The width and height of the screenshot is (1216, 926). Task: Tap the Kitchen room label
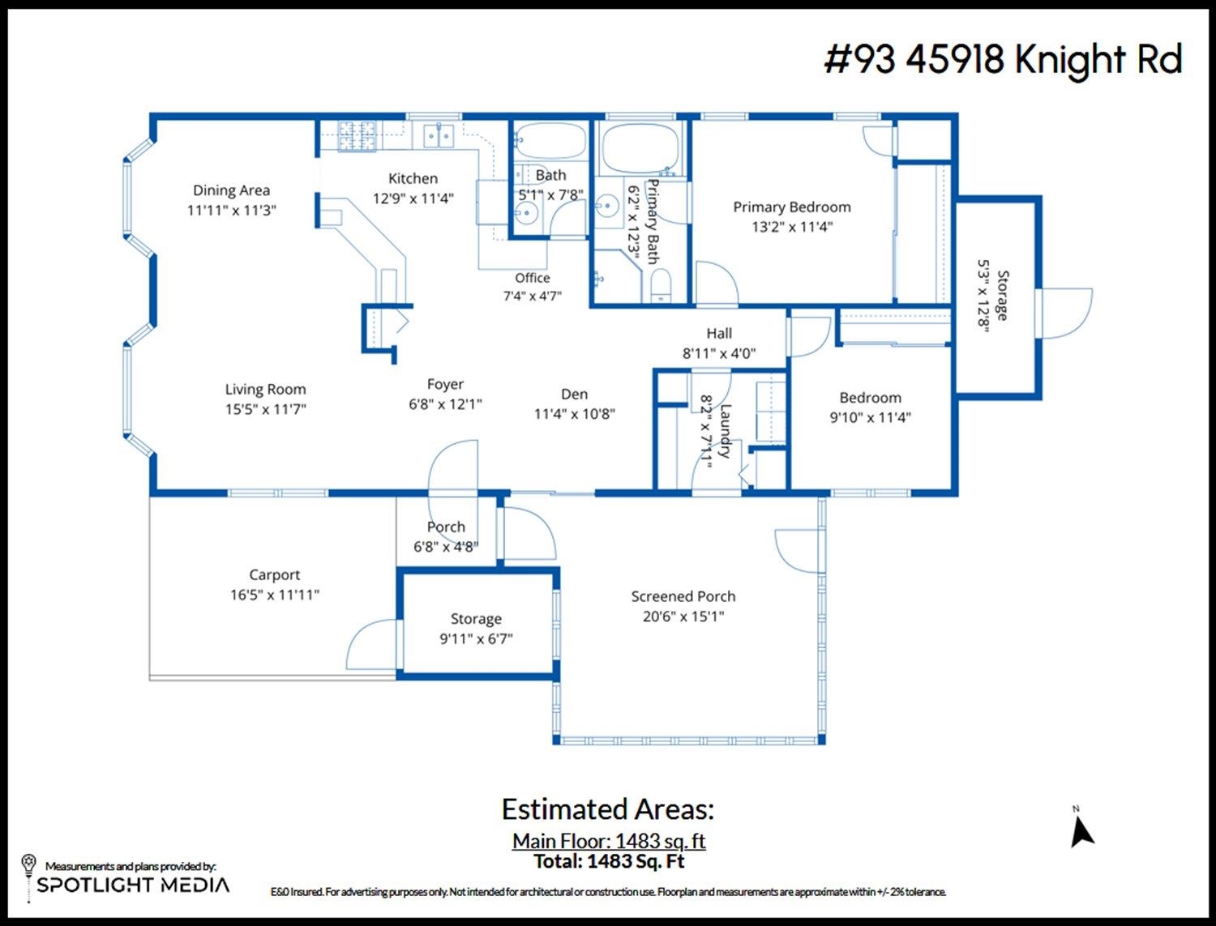(413, 178)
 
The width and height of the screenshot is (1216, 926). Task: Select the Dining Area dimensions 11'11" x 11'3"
(232, 211)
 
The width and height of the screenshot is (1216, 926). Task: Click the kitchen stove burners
(357, 135)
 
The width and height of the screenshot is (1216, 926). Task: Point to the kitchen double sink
(439, 135)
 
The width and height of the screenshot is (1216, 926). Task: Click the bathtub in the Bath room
(550, 141)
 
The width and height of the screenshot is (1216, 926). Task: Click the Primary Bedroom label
(792, 207)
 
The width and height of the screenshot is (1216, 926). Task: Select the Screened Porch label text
(683, 596)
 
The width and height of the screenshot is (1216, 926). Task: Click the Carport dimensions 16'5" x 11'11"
(275, 595)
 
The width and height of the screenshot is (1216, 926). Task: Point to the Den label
(574, 394)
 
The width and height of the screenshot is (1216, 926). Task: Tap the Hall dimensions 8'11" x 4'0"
(719, 353)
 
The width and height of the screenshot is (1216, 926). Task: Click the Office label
(533, 278)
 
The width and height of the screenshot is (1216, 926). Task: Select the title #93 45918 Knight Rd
(1004, 59)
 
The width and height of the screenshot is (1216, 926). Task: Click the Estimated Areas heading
(608, 809)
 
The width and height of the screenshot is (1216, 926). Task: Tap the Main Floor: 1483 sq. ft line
(608, 841)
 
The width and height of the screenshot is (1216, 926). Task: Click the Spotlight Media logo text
(133, 885)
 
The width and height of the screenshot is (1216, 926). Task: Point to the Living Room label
(265, 389)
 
